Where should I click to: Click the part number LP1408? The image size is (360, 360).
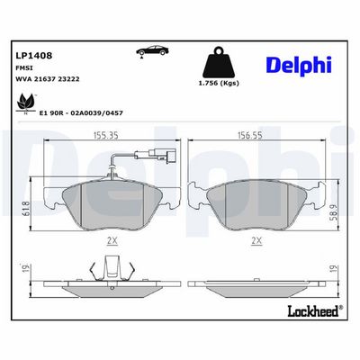click(x=33, y=56)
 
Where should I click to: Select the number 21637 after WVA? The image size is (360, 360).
click(x=43, y=79)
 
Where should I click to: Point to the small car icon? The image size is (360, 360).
click(x=152, y=51)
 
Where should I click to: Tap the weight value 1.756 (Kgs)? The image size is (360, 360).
click(x=219, y=84)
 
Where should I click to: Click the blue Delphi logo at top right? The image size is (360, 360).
click(x=299, y=65)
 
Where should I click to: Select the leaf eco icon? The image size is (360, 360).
click(x=24, y=102)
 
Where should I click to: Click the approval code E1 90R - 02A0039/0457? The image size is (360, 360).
click(x=81, y=112)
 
